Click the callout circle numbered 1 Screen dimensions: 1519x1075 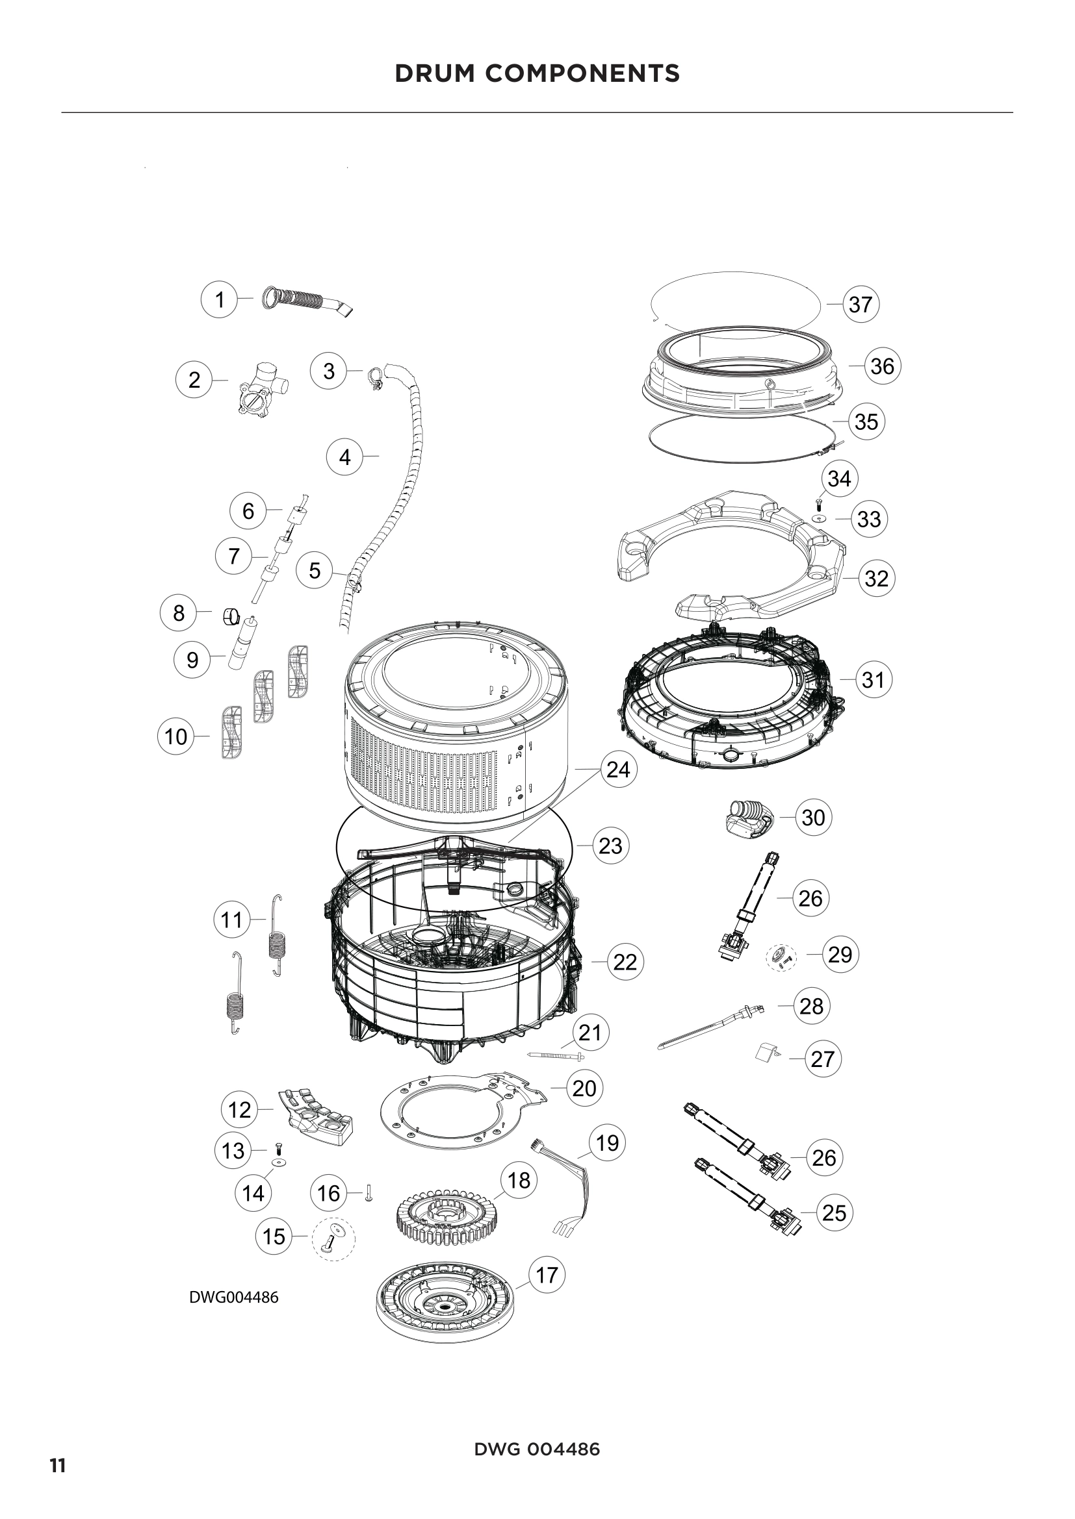(219, 299)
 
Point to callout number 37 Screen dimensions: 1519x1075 (860, 305)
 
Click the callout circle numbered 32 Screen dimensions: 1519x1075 (876, 578)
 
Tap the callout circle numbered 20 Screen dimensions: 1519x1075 (584, 1088)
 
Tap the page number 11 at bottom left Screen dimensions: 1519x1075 (58, 1461)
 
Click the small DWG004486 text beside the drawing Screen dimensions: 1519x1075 (234, 1297)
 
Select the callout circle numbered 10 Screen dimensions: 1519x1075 (175, 736)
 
